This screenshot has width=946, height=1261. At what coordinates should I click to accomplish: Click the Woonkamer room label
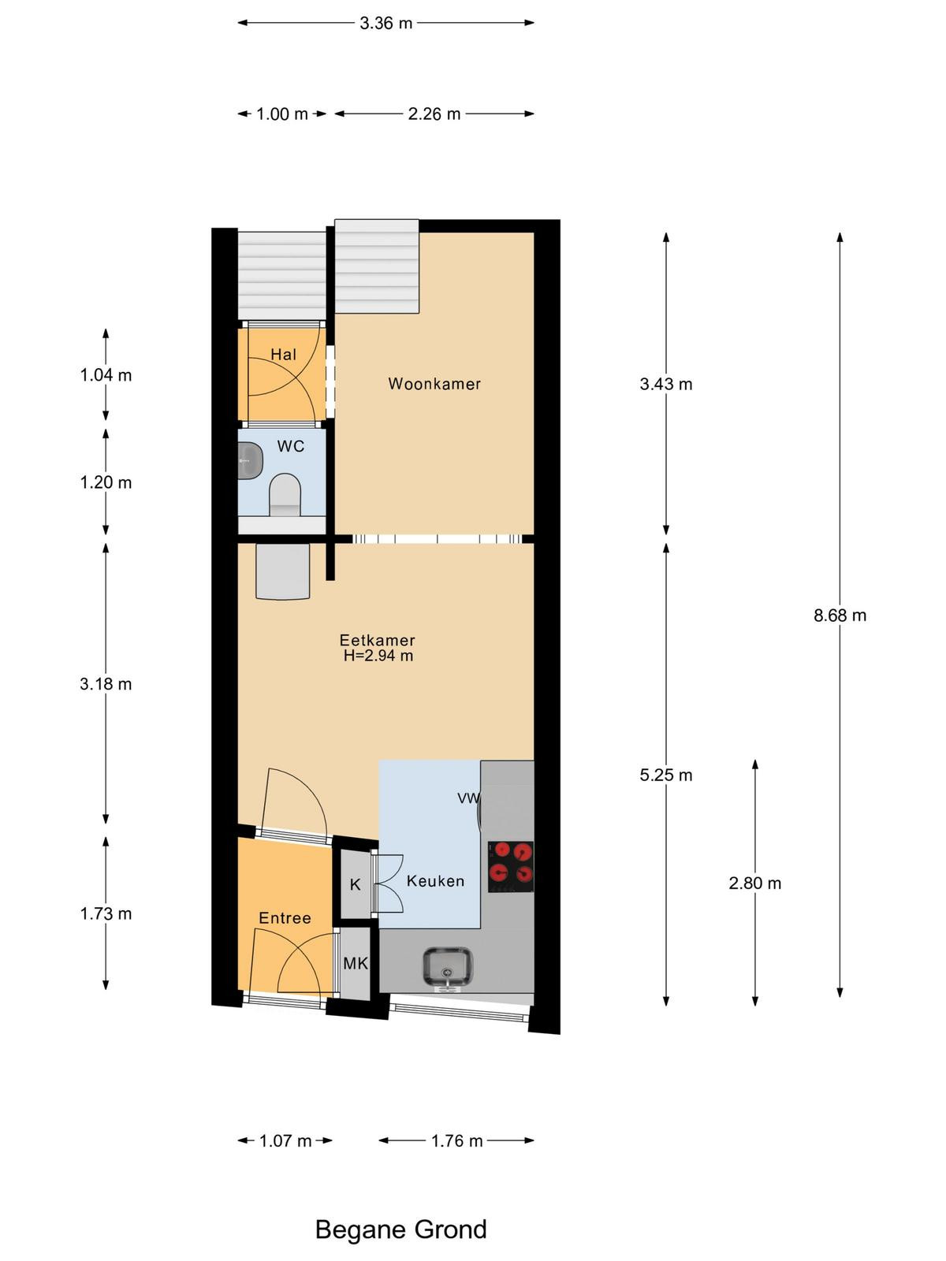(x=434, y=384)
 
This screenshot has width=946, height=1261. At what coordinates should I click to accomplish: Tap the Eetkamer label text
(x=377, y=640)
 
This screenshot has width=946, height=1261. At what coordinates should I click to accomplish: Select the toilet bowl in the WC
(x=285, y=494)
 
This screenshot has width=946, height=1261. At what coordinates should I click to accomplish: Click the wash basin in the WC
(x=250, y=461)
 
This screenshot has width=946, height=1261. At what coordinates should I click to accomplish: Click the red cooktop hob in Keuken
(x=511, y=866)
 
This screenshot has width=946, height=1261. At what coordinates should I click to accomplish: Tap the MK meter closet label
(x=356, y=963)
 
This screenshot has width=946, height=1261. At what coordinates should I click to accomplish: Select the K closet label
(x=355, y=885)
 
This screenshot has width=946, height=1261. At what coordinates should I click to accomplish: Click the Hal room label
(x=284, y=355)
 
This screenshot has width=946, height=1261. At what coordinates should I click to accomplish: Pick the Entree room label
(x=285, y=918)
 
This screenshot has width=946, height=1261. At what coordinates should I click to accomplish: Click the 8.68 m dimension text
(x=840, y=616)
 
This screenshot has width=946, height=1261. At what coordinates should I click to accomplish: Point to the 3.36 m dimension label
(x=386, y=23)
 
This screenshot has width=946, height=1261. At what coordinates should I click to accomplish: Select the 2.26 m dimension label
(x=434, y=113)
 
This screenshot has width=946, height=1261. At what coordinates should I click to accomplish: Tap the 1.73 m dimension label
(x=106, y=913)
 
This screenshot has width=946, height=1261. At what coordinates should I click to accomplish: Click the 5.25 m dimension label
(x=666, y=775)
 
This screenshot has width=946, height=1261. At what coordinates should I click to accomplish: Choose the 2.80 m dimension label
(x=754, y=883)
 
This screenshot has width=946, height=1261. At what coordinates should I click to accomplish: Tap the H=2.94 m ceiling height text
(x=378, y=656)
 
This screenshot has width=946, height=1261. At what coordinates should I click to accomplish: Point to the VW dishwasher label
(x=468, y=798)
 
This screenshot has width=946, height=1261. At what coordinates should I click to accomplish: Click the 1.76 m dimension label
(x=456, y=1141)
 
